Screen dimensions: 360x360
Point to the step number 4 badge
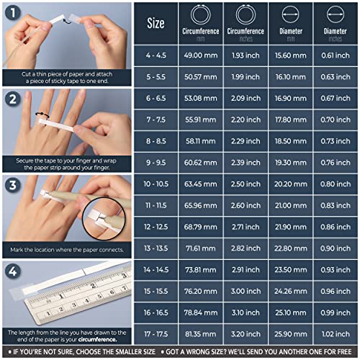tap(12, 272)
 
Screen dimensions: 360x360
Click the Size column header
tap(156, 23)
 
